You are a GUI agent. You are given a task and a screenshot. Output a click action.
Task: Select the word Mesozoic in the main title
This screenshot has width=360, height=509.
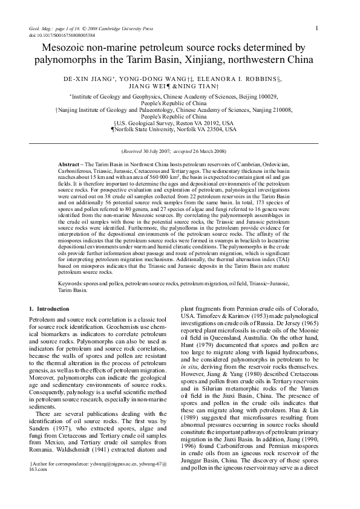tap(71, 47)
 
